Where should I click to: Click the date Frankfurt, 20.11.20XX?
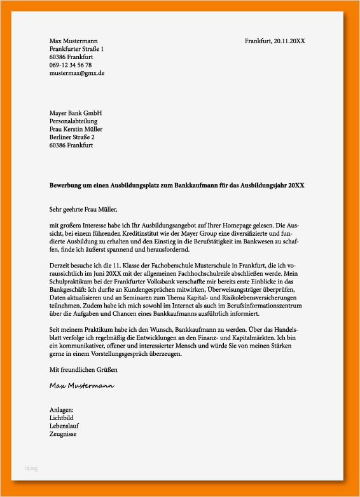pos(275,41)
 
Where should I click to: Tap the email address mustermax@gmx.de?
pos(77,73)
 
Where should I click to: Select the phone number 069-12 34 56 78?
pos(71,65)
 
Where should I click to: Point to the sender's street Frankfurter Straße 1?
pos(76,49)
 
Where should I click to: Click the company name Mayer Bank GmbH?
pos(76,113)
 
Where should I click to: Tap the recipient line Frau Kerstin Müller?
pos(76,129)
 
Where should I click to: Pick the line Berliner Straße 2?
pos(72,137)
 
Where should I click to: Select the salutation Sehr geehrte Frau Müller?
pos(83,208)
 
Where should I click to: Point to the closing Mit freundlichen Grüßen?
pos(83,369)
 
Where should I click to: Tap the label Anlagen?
pos(62,410)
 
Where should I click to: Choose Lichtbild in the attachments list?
pos(62,418)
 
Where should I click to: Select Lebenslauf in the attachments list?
pos(64,426)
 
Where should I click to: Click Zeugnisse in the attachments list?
pos(63,434)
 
